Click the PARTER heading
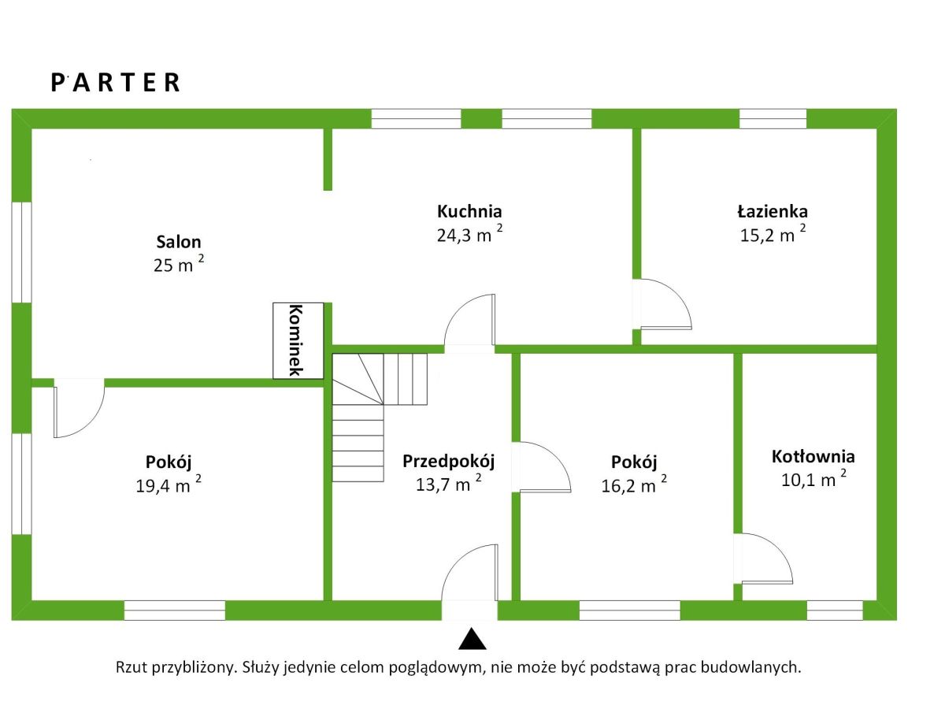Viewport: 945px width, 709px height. point(116,83)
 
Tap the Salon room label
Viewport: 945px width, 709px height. point(179,242)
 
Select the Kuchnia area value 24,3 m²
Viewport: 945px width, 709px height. point(469,234)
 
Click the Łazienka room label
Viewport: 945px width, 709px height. point(773,211)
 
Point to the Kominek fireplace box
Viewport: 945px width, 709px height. point(298,340)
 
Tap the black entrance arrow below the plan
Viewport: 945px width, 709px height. point(470,639)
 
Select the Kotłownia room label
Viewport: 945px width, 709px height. point(813,456)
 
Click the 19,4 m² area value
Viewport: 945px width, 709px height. point(169,485)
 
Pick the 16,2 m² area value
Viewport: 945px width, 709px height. point(634,485)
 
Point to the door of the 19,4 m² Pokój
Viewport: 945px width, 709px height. point(78,408)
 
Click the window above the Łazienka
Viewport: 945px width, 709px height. point(773,119)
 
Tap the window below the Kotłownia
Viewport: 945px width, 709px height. point(834,610)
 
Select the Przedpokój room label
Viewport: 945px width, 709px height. point(448,461)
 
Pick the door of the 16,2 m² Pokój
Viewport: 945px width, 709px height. point(543,467)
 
